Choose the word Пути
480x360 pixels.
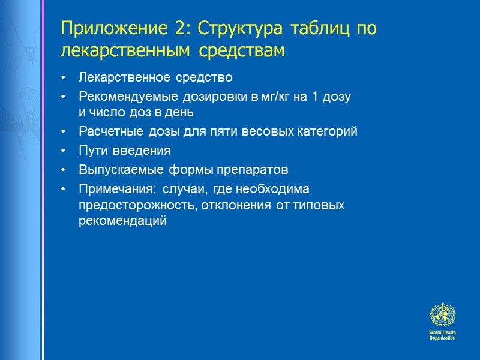(90, 151)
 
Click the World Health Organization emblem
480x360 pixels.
(442, 315)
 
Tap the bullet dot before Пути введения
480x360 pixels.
(64, 151)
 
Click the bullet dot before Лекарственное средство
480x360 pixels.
(64, 78)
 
